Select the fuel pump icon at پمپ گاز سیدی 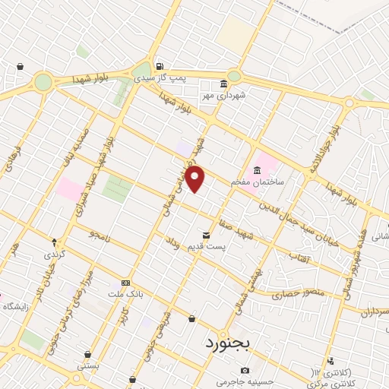159,66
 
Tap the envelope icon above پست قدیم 206,235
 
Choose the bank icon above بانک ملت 126,282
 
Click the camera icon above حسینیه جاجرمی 245,370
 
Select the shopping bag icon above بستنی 89,354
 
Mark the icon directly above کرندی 53,242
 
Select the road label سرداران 374,312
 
